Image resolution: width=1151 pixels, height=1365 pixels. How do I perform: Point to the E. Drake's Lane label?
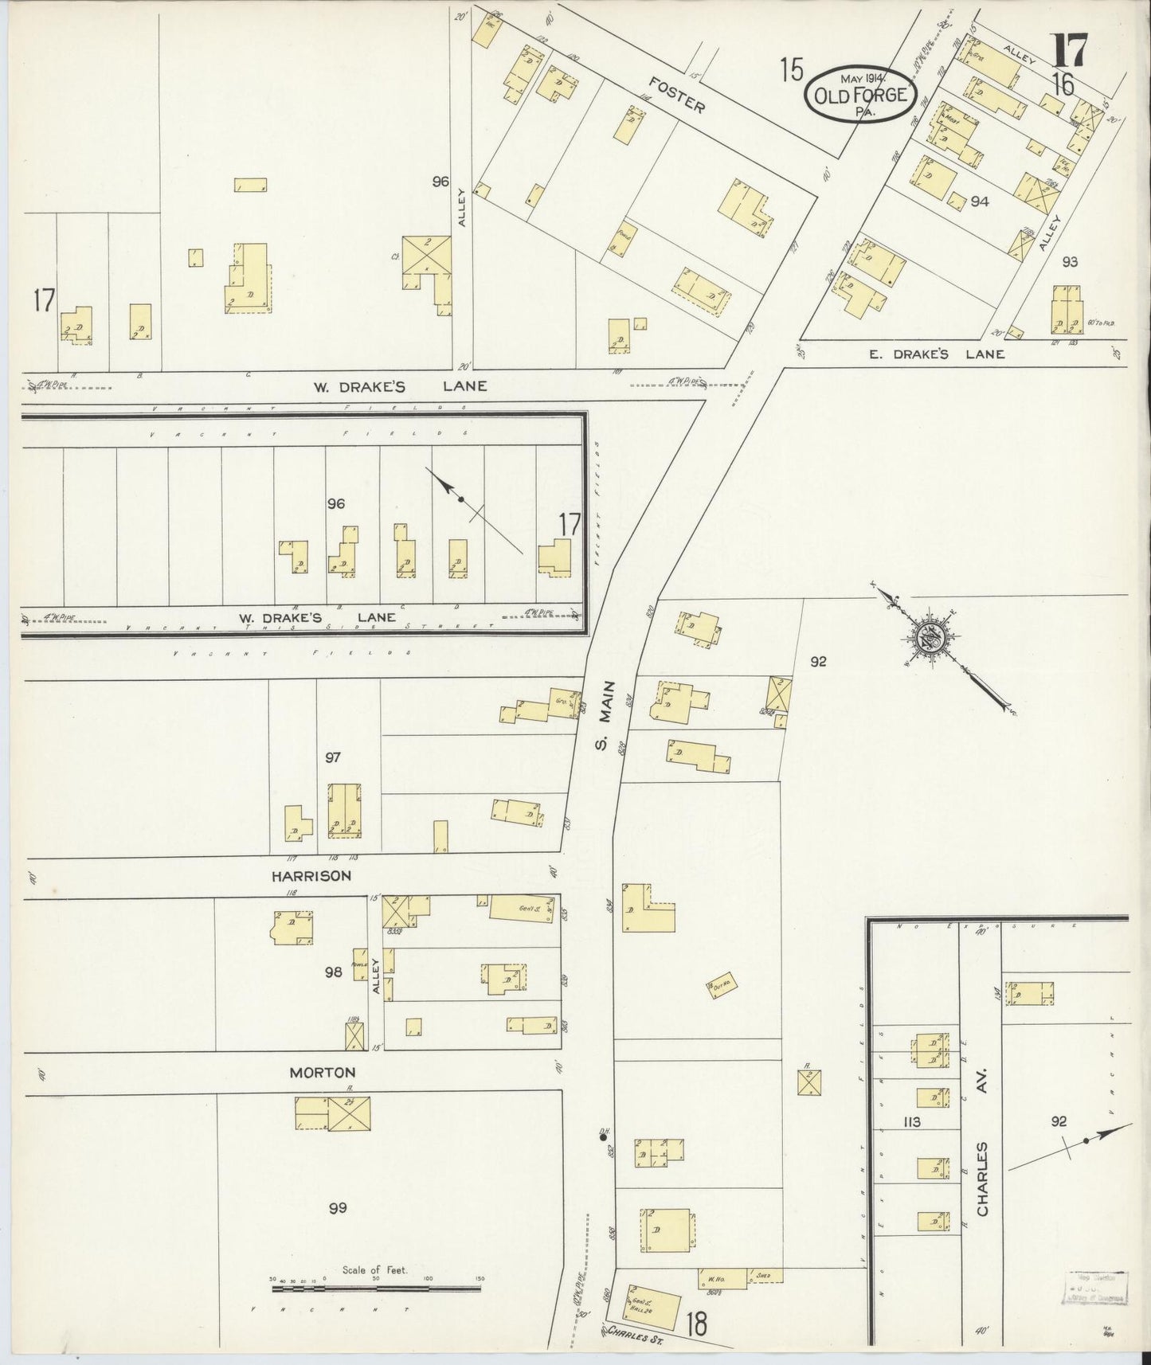coord(936,354)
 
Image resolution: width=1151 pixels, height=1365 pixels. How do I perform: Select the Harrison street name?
coord(310,875)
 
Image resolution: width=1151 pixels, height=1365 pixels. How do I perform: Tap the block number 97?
coord(332,757)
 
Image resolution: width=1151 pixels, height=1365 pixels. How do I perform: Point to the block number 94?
coord(979,201)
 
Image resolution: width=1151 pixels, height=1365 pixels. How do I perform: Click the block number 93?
coord(1069,261)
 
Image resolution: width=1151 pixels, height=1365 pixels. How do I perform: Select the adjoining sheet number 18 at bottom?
coord(695,1324)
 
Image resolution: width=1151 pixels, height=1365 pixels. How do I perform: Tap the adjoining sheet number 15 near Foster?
coord(791,71)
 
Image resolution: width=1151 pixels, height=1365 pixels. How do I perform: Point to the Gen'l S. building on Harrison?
coord(523,909)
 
